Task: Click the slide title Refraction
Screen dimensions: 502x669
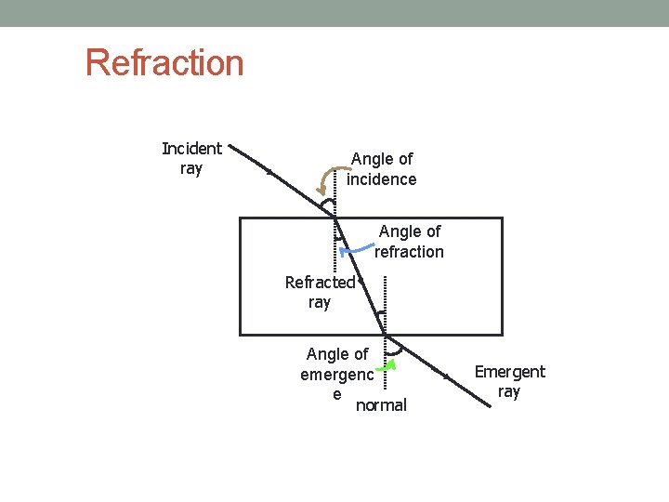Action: coord(164,63)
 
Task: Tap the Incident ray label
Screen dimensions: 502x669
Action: coord(191,158)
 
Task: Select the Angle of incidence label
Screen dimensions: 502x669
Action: coord(381,169)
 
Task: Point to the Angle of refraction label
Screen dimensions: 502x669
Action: coord(409,241)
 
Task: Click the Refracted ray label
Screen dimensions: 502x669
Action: coord(320,292)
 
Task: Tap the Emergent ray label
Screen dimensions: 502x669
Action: coord(509,381)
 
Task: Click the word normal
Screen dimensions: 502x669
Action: coord(381,405)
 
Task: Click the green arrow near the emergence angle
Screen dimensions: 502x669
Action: coord(391,364)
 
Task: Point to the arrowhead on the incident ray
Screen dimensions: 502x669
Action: coord(269,171)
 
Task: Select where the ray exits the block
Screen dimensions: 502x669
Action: coord(385,335)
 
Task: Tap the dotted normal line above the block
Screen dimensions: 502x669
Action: coord(334,191)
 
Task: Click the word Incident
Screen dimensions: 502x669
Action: coord(191,149)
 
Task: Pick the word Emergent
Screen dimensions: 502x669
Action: coord(509,372)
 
